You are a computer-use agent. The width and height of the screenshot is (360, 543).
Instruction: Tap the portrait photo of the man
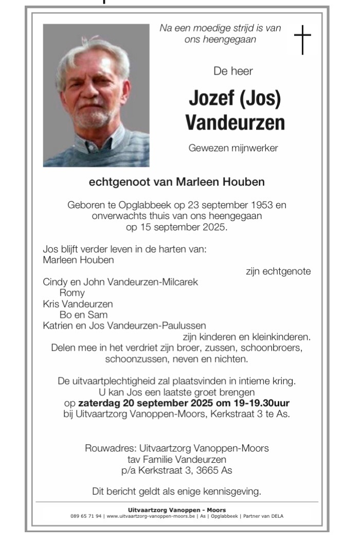click(x=96, y=96)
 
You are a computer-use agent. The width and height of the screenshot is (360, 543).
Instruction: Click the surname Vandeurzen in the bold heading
click(x=235, y=122)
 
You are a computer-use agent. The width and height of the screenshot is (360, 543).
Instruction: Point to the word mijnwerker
click(x=256, y=148)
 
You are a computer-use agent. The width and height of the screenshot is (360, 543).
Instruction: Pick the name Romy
click(x=73, y=293)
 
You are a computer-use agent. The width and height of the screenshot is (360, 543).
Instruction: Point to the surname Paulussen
click(x=184, y=325)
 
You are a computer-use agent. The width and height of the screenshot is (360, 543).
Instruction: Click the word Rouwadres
click(x=105, y=448)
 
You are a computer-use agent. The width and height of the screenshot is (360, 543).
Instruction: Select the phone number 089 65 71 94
click(x=86, y=516)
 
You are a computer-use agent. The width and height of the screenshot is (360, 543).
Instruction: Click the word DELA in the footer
click(x=277, y=516)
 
